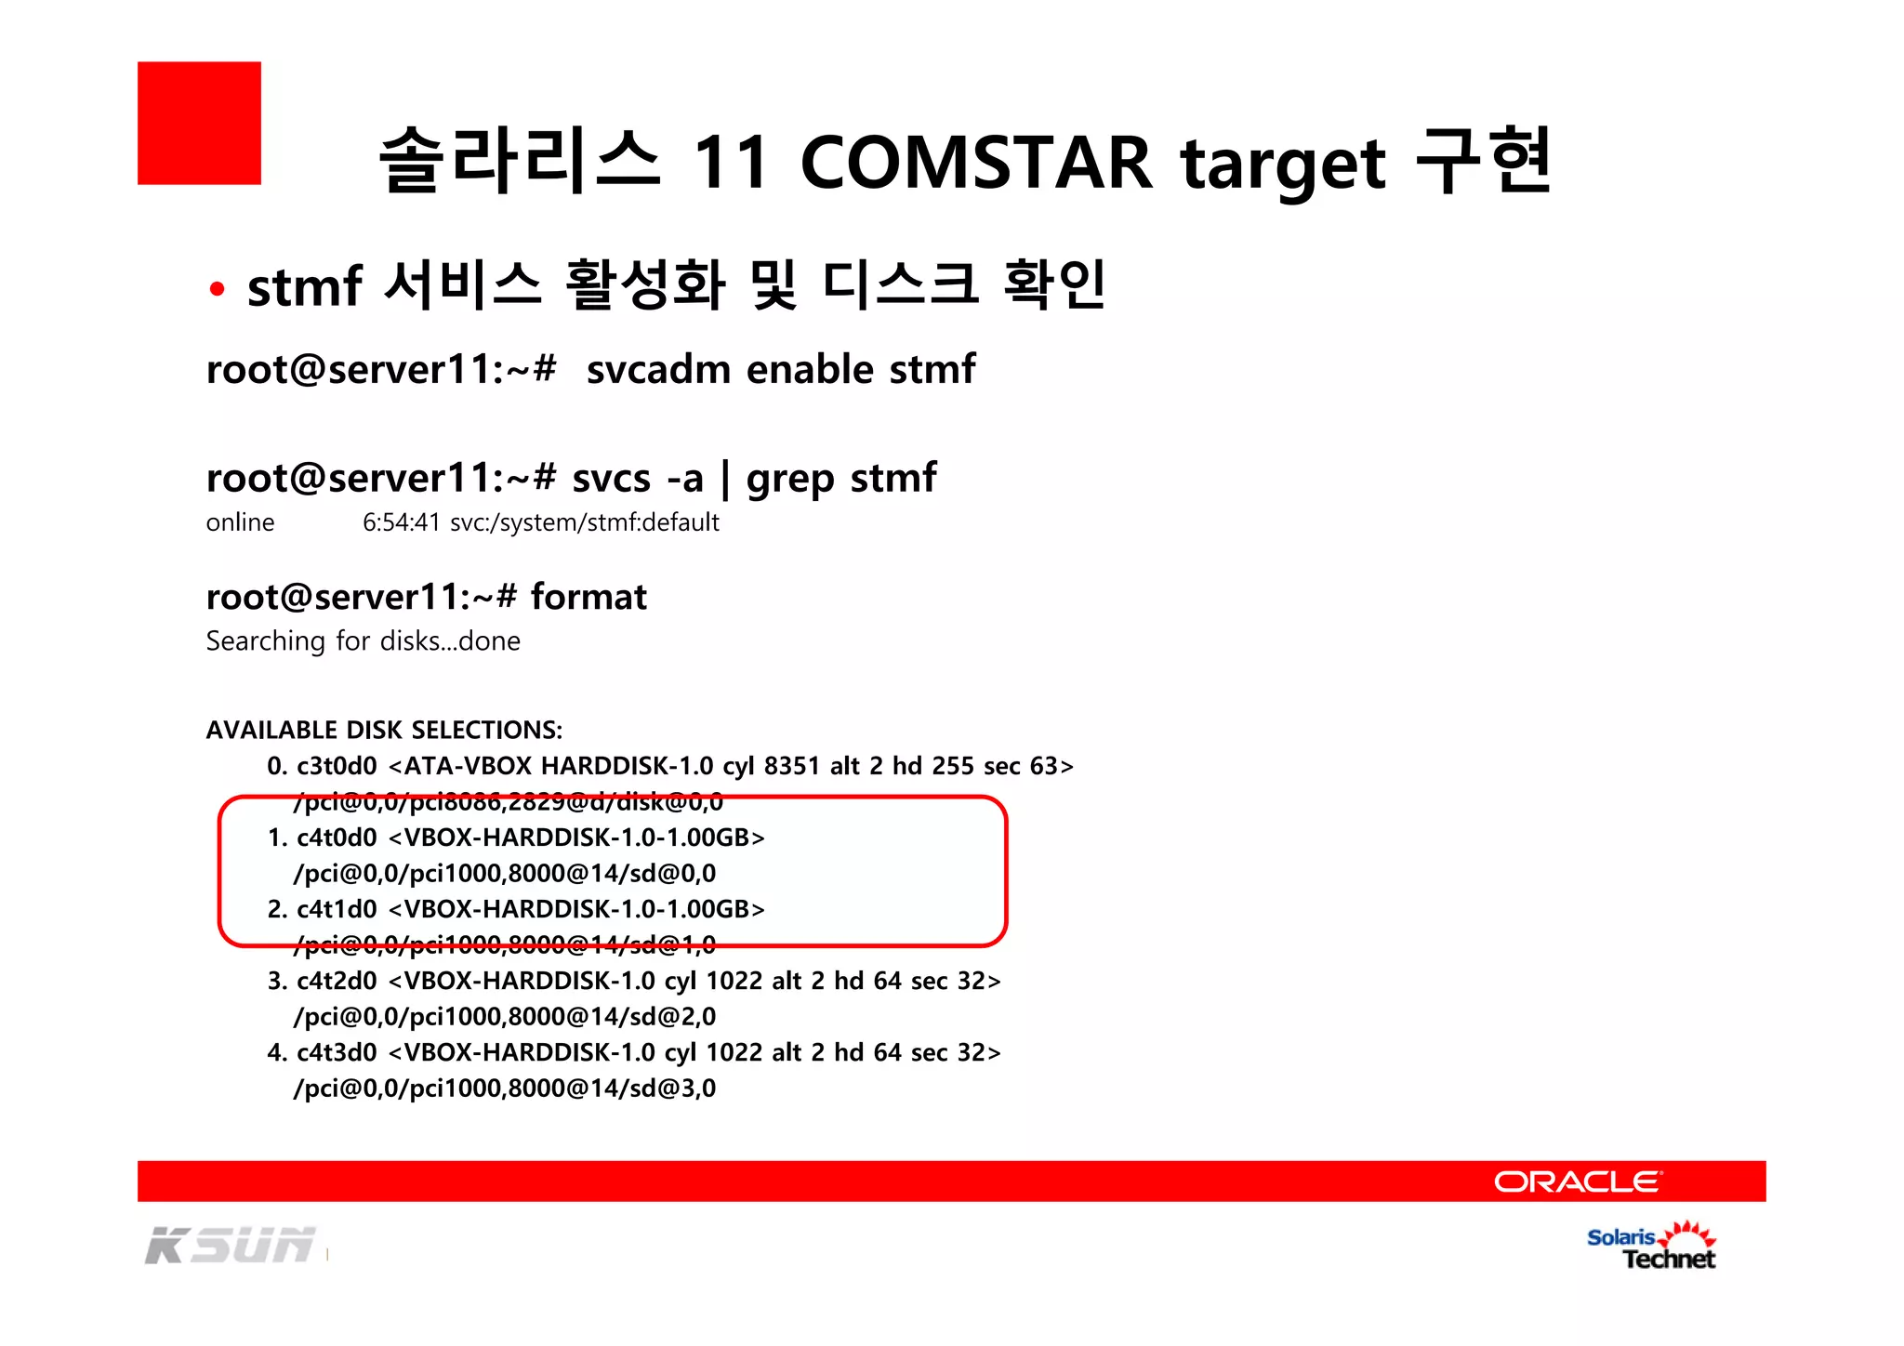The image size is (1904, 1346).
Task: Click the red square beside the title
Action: (199, 123)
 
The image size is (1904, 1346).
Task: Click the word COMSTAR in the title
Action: (975, 163)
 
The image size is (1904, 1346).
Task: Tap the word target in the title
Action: (1283, 165)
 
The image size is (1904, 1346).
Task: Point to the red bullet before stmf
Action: (217, 289)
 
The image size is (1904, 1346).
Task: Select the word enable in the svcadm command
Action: (810, 369)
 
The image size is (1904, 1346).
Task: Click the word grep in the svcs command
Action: (791, 480)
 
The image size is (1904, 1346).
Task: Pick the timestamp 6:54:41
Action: (401, 522)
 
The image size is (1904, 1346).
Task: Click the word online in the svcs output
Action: (240, 522)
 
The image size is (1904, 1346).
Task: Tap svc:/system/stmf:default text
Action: (585, 522)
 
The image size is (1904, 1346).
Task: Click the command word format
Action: (588, 597)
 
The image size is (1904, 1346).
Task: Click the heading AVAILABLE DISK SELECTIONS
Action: (384, 730)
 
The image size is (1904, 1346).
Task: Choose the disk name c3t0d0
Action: (337, 766)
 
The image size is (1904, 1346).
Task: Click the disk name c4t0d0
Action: (337, 838)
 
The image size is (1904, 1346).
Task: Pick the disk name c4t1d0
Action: (337, 909)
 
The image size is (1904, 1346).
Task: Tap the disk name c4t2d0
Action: (337, 981)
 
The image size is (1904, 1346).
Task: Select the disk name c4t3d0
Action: (337, 1052)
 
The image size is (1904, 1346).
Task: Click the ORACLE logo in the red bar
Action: (1578, 1181)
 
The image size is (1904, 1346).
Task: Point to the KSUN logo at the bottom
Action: (230, 1246)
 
